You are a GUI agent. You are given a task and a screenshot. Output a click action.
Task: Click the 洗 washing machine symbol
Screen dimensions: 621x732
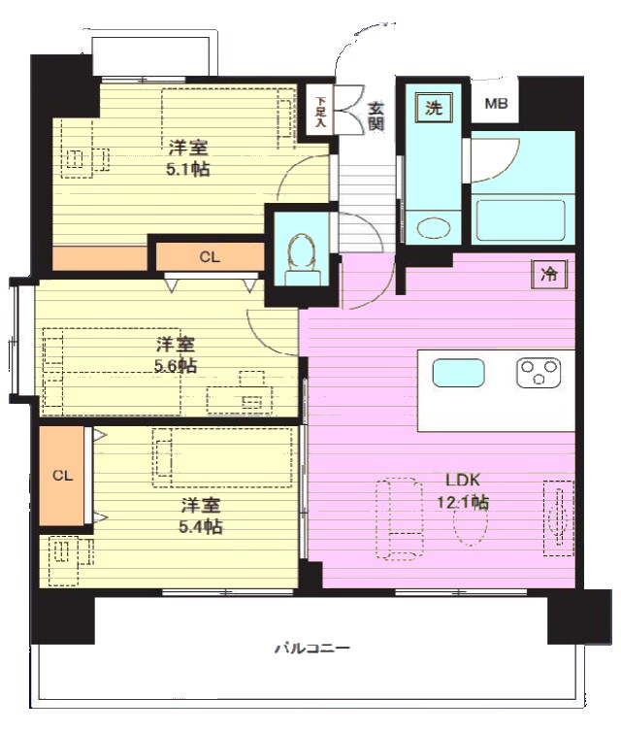[x=434, y=109]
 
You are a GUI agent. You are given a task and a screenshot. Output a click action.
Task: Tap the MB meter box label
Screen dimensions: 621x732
[x=496, y=103]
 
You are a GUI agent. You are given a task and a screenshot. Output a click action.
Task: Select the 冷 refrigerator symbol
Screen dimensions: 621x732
[x=549, y=274]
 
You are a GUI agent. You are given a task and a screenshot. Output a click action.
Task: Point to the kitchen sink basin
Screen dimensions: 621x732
[x=458, y=373]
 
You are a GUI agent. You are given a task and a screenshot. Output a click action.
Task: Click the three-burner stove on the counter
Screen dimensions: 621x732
[x=539, y=373]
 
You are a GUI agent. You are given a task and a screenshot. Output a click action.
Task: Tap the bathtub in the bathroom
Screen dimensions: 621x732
[x=520, y=220]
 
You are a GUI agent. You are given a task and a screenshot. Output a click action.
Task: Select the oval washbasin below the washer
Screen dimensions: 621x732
[x=434, y=229]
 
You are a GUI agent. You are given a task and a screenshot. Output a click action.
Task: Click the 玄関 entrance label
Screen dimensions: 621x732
[x=376, y=116]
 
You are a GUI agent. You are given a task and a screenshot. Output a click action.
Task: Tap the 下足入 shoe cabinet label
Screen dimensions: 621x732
[x=320, y=113]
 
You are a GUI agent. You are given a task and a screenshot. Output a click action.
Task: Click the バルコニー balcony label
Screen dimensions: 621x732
[x=312, y=649]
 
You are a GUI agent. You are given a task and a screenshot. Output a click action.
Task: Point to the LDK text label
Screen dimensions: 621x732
[x=463, y=480]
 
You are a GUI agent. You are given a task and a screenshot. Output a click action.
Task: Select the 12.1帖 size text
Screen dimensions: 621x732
[x=463, y=503]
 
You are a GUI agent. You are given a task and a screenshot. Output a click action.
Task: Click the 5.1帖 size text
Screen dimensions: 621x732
[x=187, y=170]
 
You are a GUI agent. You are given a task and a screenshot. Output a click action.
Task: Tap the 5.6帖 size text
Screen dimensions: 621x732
[x=176, y=366]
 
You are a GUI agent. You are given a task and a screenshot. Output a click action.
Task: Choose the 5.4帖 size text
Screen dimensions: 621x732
[x=201, y=527]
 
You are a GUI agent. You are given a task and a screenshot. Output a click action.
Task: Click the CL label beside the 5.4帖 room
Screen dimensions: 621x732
[x=62, y=476]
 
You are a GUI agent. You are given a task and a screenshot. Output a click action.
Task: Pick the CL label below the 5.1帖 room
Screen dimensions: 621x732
[x=210, y=256]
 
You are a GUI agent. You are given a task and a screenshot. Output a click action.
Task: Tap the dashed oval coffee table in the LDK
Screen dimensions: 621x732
[x=471, y=523]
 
